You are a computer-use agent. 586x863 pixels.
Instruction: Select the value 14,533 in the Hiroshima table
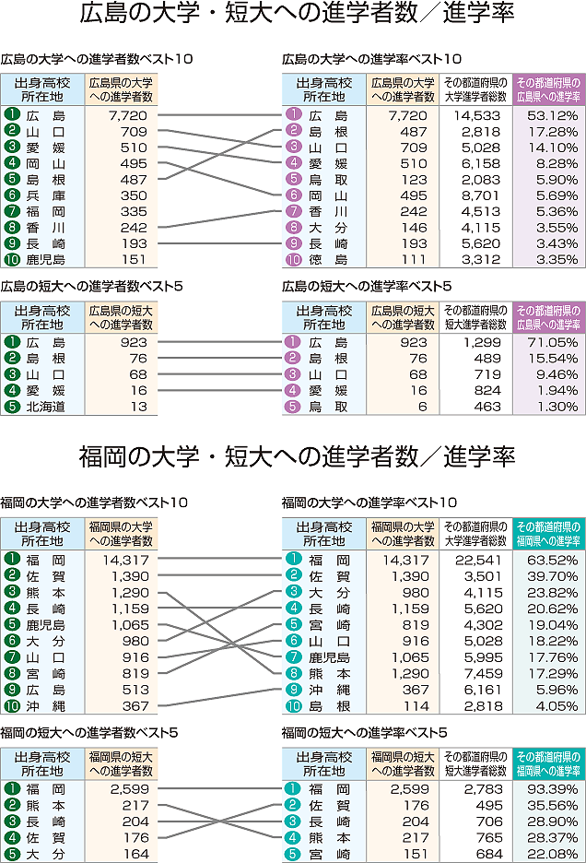coord(476,115)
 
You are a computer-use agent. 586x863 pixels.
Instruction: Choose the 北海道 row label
coord(45,407)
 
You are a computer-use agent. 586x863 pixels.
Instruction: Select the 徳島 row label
coord(328,259)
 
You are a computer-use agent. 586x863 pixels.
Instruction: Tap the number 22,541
coord(476,560)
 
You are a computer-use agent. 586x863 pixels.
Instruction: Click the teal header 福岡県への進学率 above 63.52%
coord(549,532)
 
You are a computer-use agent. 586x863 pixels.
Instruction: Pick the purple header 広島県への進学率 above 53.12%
coord(549,89)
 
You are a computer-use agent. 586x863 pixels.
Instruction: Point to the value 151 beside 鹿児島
coord(133,259)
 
